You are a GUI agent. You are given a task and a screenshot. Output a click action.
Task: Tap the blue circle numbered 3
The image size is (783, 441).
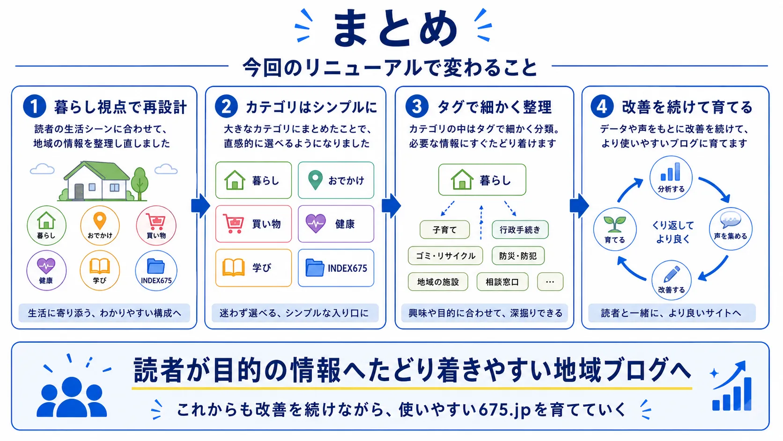417,106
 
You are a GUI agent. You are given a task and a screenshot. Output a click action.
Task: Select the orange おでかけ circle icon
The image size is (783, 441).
100,225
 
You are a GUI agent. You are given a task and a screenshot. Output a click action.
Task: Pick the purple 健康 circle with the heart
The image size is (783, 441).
46,270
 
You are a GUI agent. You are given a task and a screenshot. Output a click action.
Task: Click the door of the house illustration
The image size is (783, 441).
79,192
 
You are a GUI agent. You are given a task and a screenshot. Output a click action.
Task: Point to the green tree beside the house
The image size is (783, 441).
140,184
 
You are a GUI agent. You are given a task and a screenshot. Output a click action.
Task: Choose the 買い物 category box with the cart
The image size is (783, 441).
253,224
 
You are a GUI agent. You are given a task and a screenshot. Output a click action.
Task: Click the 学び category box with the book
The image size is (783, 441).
253,268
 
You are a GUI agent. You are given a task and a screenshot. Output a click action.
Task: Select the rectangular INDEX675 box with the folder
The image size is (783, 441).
336,268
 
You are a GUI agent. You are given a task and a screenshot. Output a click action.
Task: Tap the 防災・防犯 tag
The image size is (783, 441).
517,255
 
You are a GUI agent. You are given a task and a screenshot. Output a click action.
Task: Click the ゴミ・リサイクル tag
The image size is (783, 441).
445,255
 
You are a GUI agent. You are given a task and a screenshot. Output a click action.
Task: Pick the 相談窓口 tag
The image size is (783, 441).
502,282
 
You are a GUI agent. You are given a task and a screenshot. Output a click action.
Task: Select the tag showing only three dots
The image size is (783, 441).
550,282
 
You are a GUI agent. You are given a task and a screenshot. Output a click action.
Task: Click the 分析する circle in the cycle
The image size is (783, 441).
671,178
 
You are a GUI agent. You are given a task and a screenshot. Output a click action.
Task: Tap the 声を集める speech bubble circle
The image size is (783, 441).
731,229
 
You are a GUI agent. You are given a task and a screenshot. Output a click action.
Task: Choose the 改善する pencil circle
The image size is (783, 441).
672,280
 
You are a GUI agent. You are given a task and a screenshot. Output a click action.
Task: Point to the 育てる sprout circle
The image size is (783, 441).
615,229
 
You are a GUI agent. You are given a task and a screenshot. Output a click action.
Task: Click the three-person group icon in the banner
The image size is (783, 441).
72,396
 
